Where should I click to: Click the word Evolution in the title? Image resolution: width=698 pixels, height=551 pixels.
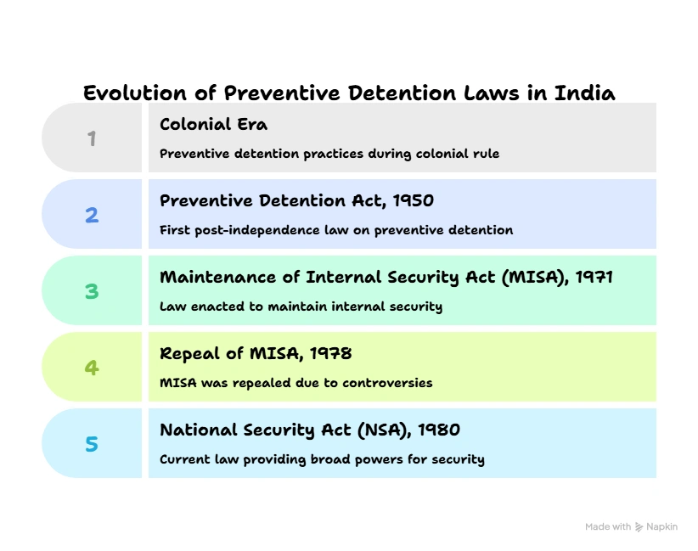135,93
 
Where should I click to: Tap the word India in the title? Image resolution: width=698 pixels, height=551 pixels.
584,93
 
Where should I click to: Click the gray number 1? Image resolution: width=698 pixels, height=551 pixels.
92,138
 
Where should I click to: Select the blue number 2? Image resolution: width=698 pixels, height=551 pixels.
92,215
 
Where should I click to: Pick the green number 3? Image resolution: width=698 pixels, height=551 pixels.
92,291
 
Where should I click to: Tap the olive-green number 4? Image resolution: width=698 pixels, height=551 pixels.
92,368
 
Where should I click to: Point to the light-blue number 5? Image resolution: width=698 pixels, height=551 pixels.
92,444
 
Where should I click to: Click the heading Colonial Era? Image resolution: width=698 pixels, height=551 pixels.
214,124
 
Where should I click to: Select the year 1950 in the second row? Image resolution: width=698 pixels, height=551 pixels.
413,200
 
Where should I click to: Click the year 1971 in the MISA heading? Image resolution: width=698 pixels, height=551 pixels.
594,278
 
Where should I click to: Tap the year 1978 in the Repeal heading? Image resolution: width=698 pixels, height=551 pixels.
331,354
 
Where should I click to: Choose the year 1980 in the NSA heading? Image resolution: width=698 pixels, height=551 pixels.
439,430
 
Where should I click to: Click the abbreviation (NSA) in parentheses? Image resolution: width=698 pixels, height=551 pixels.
384,430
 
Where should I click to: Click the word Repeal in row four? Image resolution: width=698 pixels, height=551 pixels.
189,354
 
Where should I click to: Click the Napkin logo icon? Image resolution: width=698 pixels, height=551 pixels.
639,527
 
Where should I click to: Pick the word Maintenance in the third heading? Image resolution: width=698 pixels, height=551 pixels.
218,278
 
